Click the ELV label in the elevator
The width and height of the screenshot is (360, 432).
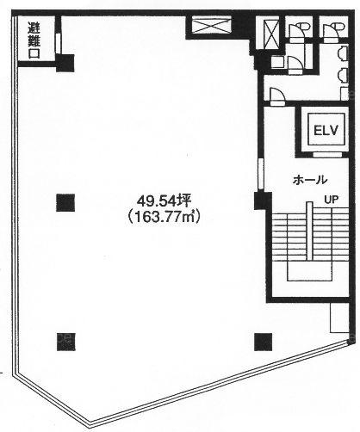pos(326,131)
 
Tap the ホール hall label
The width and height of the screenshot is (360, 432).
pos(310,180)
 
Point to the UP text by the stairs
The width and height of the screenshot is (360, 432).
pos(332,199)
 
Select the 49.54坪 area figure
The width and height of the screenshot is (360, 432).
pos(164,201)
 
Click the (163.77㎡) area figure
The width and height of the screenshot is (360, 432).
pos(164,217)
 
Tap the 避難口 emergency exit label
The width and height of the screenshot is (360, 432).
pos(34,40)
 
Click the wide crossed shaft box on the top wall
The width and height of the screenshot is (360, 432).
pos(211,25)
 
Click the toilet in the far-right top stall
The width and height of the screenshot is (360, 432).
pos(333,30)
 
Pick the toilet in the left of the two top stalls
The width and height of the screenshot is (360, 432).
pos(300,30)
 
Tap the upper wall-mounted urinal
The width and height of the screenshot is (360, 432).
pos(343,53)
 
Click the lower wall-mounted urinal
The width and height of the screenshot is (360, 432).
pos(343,75)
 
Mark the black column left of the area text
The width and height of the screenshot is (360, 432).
pos(65,203)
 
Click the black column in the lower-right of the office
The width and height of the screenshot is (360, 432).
pos(263,342)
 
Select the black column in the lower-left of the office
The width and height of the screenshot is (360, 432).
pos(66,342)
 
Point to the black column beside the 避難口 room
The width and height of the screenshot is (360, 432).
pos(65,63)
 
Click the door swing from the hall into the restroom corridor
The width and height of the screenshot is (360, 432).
pos(277,95)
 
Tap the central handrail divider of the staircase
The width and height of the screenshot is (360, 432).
pos(309,231)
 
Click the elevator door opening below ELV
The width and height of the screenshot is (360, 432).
pos(327,155)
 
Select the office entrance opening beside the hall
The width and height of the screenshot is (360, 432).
pos(261,174)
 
